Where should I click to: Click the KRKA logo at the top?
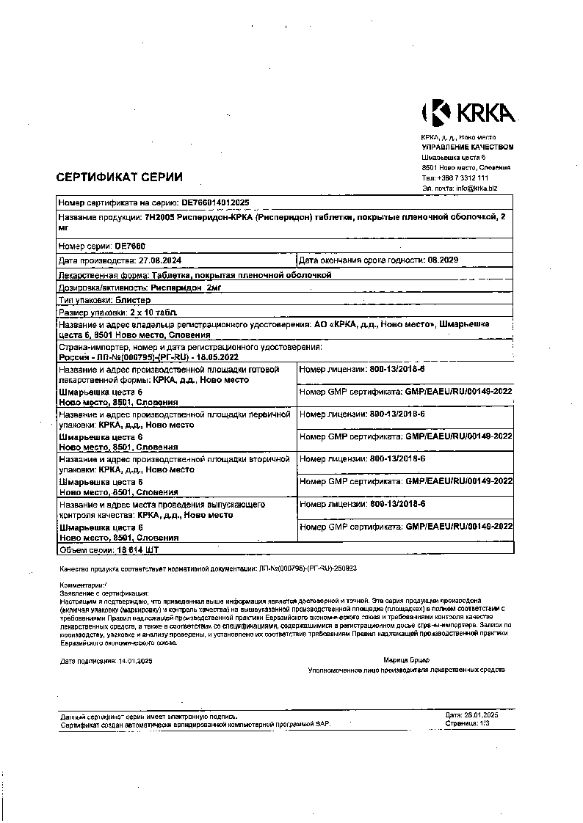coord(468,112)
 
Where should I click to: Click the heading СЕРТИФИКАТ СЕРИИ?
coord(120,177)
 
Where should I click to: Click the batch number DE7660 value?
coord(131,246)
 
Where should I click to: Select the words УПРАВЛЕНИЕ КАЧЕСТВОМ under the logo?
coord(467,147)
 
